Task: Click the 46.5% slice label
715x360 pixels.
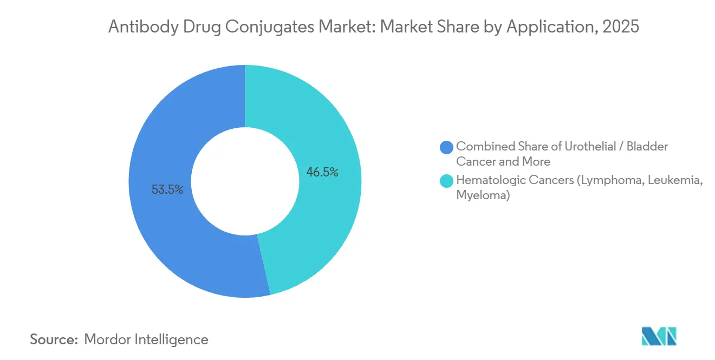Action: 322,173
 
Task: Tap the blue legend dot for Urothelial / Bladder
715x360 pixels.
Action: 447,147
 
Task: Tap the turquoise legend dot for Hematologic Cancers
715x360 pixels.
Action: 447,181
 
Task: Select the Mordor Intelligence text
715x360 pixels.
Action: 146,339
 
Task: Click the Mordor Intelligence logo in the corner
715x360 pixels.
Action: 659,336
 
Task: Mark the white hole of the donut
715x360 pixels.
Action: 245,181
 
